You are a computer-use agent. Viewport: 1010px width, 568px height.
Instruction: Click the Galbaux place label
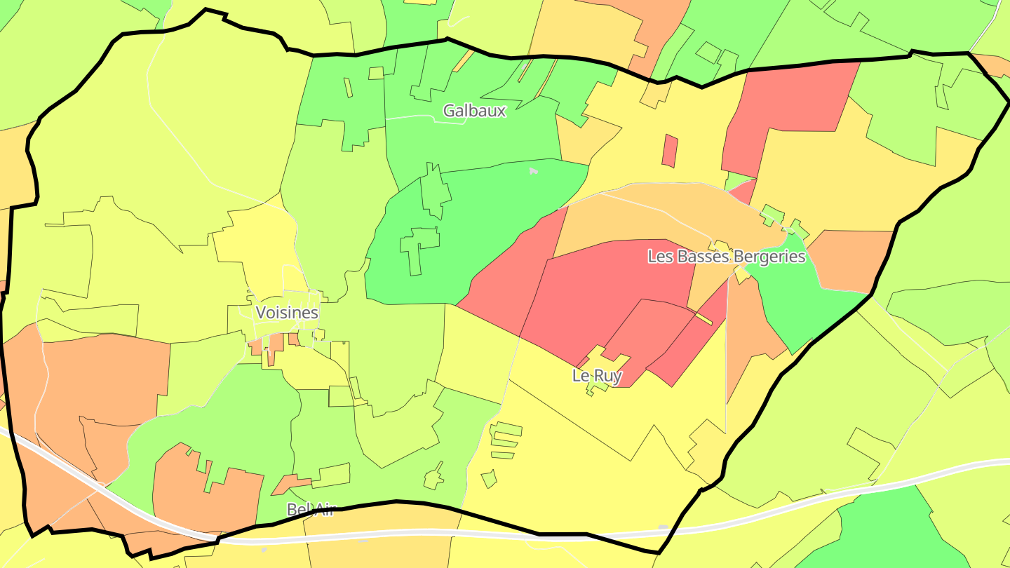(x=474, y=111)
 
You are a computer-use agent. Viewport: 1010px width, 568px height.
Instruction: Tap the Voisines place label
(x=287, y=313)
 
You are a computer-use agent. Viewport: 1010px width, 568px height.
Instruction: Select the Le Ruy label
(x=597, y=376)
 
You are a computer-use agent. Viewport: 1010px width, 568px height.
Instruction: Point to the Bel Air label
(x=311, y=509)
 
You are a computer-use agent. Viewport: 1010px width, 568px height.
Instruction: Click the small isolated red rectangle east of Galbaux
(x=670, y=151)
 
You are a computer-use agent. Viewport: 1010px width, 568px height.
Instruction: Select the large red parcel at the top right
(x=786, y=112)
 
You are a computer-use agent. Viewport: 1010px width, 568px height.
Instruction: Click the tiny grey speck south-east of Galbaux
(x=534, y=170)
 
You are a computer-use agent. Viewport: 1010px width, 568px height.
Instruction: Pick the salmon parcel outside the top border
(x=659, y=28)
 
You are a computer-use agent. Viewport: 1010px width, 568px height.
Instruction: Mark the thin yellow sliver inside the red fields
(x=703, y=318)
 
